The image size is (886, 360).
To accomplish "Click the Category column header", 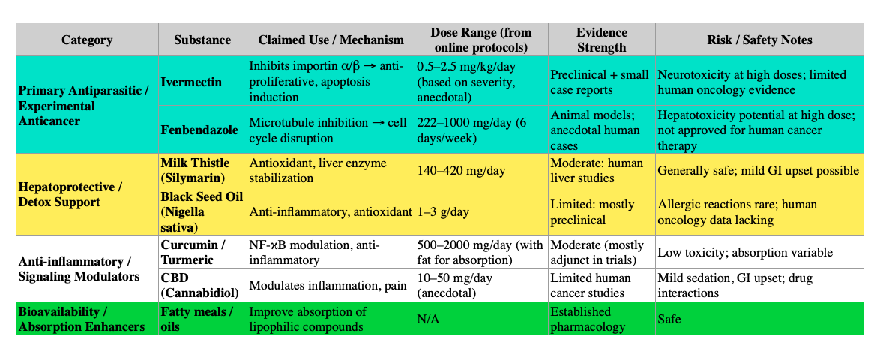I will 87,40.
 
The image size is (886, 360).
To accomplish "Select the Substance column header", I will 202,40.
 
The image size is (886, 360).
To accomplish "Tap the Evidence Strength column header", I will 601,40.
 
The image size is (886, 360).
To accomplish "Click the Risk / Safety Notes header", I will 759,40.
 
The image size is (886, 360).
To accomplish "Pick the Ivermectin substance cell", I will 192,82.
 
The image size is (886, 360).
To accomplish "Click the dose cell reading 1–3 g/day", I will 444,212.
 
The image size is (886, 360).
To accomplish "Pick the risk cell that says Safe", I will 670,319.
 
